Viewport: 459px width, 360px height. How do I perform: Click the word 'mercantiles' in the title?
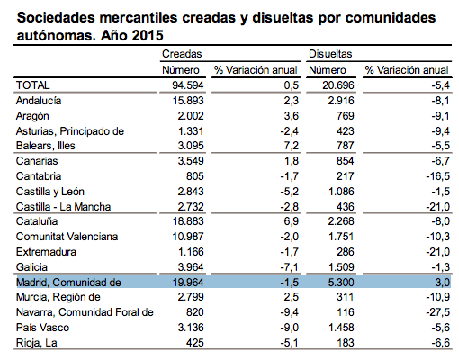click(139, 18)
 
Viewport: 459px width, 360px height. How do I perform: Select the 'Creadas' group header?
click(182, 54)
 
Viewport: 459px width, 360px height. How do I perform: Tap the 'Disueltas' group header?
click(330, 54)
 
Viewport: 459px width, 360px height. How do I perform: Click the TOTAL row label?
click(32, 85)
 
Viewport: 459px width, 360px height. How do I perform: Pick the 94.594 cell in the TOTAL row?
click(188, 85)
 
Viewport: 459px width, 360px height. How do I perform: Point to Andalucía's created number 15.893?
click(188, 101)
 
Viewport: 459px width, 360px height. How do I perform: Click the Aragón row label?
click(32, 116)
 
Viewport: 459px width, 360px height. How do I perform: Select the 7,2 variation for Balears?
click(292, 146)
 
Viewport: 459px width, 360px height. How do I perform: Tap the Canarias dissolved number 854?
click(346, 161)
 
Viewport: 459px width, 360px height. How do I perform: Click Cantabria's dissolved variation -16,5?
click(437, 176)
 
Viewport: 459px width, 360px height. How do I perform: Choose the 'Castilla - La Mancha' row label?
click(63, 207)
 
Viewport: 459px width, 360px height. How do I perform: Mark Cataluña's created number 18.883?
click(188, 221)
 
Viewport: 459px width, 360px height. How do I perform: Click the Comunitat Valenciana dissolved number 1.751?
click(341, 237)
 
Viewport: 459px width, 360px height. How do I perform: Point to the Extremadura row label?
click(46, 252)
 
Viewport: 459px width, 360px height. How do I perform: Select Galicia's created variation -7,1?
click(290, 267)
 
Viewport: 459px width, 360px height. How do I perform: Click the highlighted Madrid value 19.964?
click(188, 283)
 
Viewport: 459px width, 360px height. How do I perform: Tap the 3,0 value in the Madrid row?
click(442, 283)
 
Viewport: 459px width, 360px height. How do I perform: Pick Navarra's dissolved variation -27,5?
click(437, 312)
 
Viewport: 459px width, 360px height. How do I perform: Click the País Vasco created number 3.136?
click(191, 328)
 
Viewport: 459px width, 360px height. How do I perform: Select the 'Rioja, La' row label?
click(36, 343)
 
